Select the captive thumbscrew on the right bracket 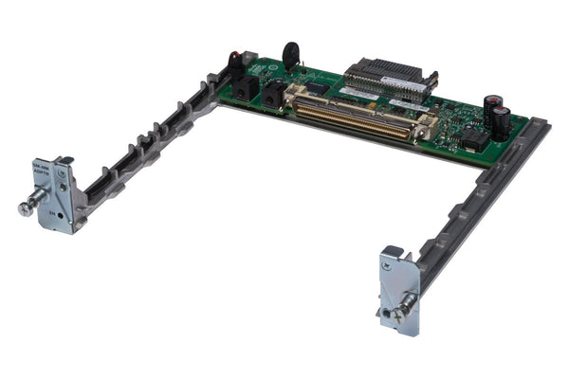click(405, 305)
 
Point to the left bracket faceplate click(59, 194)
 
